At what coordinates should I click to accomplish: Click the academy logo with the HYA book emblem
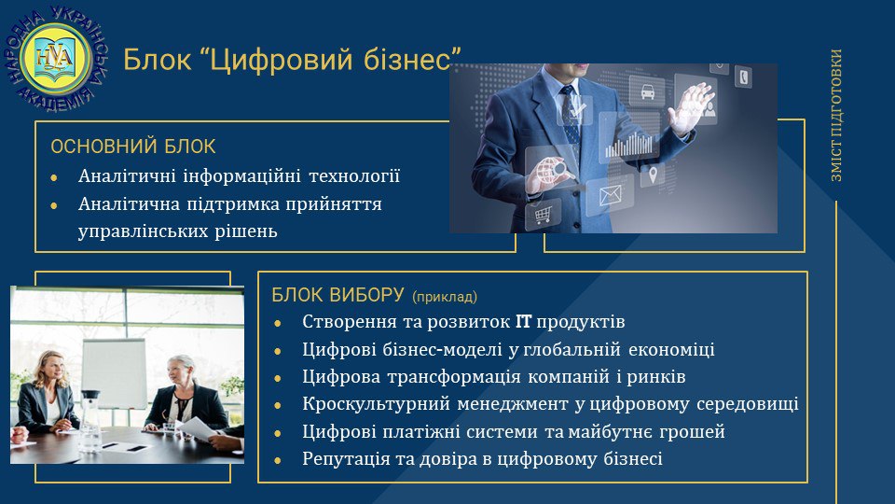[x=55, y=58]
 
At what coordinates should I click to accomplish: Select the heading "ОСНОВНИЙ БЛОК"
[x=133, y=147]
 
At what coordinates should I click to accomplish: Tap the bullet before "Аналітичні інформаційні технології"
[x=54, y=177]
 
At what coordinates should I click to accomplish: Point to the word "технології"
[x=354, y=176]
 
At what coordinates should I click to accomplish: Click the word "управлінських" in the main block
[x=143, y=232]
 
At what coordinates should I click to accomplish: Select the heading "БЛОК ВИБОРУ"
[x=337, y=295]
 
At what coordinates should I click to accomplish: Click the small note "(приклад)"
[x=445, y=297]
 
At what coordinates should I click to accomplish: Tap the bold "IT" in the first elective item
[x=523, y=322]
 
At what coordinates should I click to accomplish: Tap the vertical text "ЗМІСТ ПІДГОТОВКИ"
[x=836, y=116]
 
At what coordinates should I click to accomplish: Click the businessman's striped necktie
[x=571, y=119]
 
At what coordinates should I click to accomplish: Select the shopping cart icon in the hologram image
[x=543, y=215]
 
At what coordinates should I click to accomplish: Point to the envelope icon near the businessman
[x=610, y=195]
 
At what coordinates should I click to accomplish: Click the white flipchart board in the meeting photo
[x=114, y=372]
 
